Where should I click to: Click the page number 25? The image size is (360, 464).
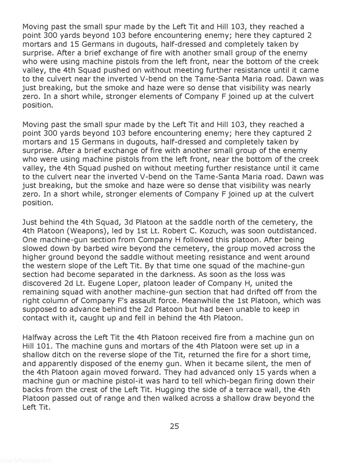click(x=174, y=426)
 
